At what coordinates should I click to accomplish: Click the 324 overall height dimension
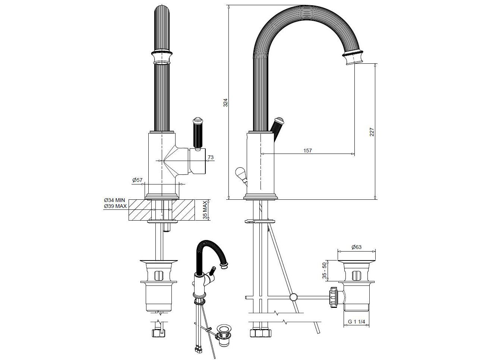point(225,102)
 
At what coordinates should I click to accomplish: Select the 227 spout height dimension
point(372,132)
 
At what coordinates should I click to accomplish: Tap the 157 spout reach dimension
point(307,151)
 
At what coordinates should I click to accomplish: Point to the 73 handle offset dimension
point(211,158)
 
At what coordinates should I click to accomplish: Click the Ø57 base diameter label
point(137,180)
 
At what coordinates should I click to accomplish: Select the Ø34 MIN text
point(115,200)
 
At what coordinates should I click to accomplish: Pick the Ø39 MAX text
point(115,206)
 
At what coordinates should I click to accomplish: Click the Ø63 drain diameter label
point(356,247)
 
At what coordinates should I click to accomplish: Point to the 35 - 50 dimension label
point(324,271)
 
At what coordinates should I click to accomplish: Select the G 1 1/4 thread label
point(356,321)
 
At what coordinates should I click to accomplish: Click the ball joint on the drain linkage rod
point(293,297)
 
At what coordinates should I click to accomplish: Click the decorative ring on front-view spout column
point(162,57)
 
